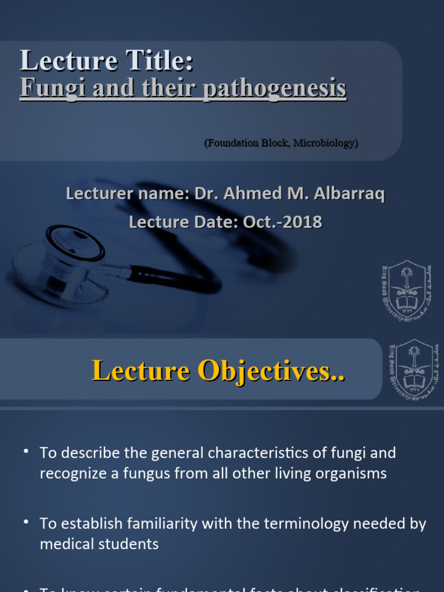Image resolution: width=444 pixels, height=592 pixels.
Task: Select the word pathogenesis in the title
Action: click(x=274, y=88)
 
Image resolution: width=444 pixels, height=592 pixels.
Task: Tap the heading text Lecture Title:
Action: click(x=106, y=61)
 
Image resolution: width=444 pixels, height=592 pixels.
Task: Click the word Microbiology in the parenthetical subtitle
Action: click(x=324, y=143)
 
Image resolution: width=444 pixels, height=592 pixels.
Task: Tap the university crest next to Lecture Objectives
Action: click(x=413, y=370)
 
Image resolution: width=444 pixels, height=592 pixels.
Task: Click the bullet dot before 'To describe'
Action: click(x=27, y=450)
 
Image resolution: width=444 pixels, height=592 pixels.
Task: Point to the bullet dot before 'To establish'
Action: click(x=27, y=522)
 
